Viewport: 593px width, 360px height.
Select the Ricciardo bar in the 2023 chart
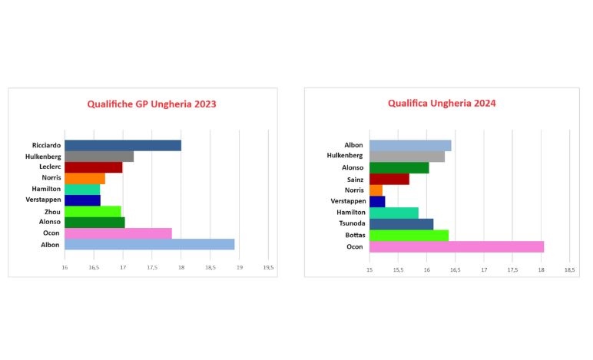[123, 146]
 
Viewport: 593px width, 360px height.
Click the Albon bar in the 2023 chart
[149, 244]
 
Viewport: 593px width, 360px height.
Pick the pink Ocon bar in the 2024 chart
[456, 246]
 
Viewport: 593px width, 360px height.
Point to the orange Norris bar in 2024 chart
[376, 190]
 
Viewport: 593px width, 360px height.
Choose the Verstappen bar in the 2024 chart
[377, 202]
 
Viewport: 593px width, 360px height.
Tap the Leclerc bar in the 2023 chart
[93, 167]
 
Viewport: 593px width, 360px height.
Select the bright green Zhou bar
[92, 211]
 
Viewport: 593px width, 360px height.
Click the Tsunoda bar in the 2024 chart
[401, 224]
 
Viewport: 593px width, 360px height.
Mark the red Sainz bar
[389, 179]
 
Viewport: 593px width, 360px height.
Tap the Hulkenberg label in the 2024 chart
[343, 157]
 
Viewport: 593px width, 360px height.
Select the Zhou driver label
[52, 211]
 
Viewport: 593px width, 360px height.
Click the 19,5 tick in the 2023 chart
[268, 267]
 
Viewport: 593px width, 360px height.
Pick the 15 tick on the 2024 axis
[369, 270]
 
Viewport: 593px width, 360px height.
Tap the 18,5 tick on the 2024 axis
[569, 270]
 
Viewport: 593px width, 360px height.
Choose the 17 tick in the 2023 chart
[123, 267]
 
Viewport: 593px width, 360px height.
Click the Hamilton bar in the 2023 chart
[82, 190]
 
